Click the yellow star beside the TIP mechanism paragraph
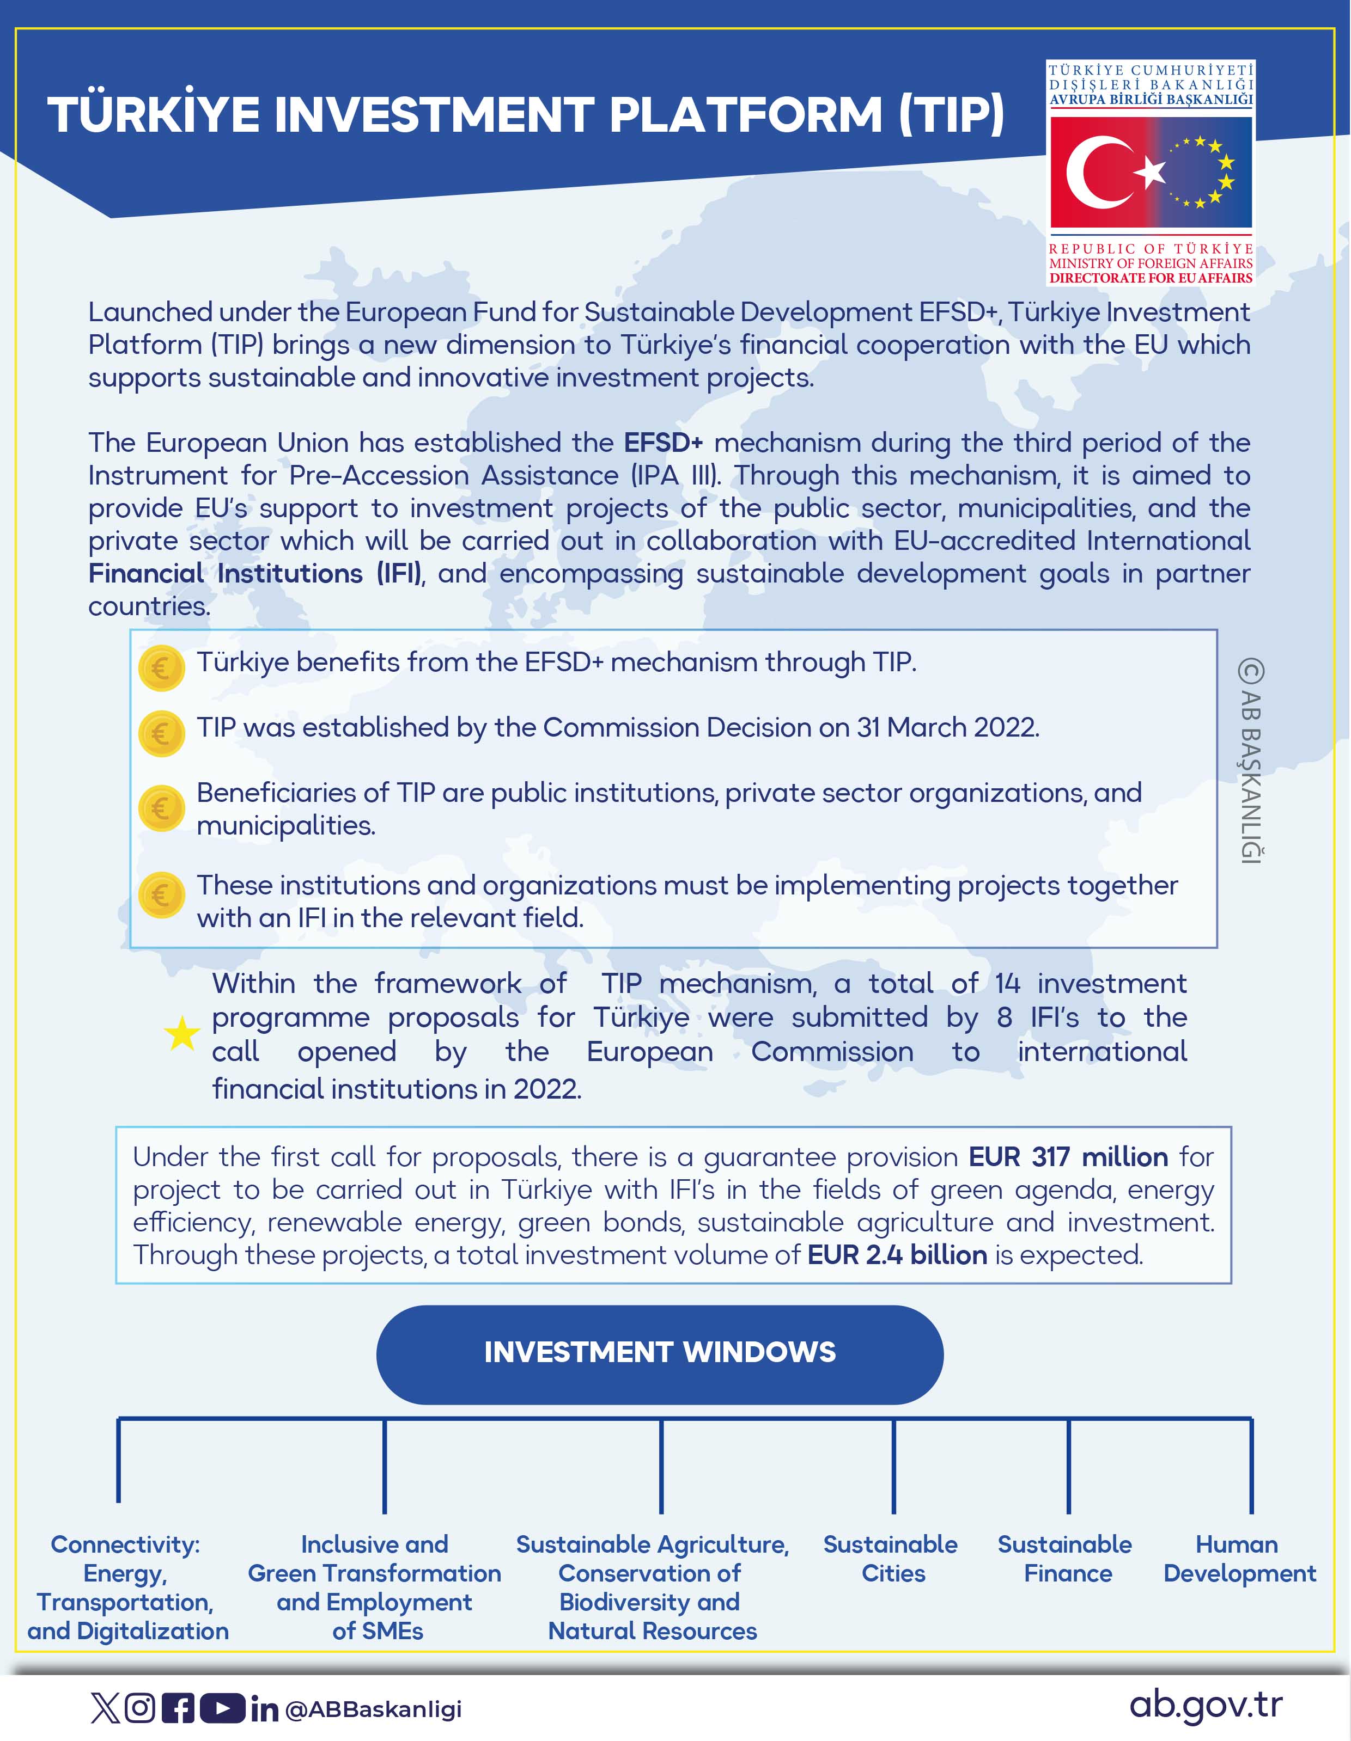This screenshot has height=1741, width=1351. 182,1034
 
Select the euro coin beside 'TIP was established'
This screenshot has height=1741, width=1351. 161,733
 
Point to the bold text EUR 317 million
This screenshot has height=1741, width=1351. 1068,1157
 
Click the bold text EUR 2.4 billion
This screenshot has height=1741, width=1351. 897,1255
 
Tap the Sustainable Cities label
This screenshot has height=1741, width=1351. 891,1559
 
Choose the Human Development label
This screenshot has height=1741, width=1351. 1239,1559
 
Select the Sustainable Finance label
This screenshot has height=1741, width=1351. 1066,1559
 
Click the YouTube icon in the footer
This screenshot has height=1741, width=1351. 222,1708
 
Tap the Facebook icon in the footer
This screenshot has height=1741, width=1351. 178,1708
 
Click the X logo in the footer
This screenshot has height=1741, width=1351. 105,1708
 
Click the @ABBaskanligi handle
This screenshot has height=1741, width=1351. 373,1710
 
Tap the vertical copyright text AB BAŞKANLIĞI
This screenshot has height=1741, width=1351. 1251,761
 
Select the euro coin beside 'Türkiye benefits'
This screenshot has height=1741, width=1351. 161,667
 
